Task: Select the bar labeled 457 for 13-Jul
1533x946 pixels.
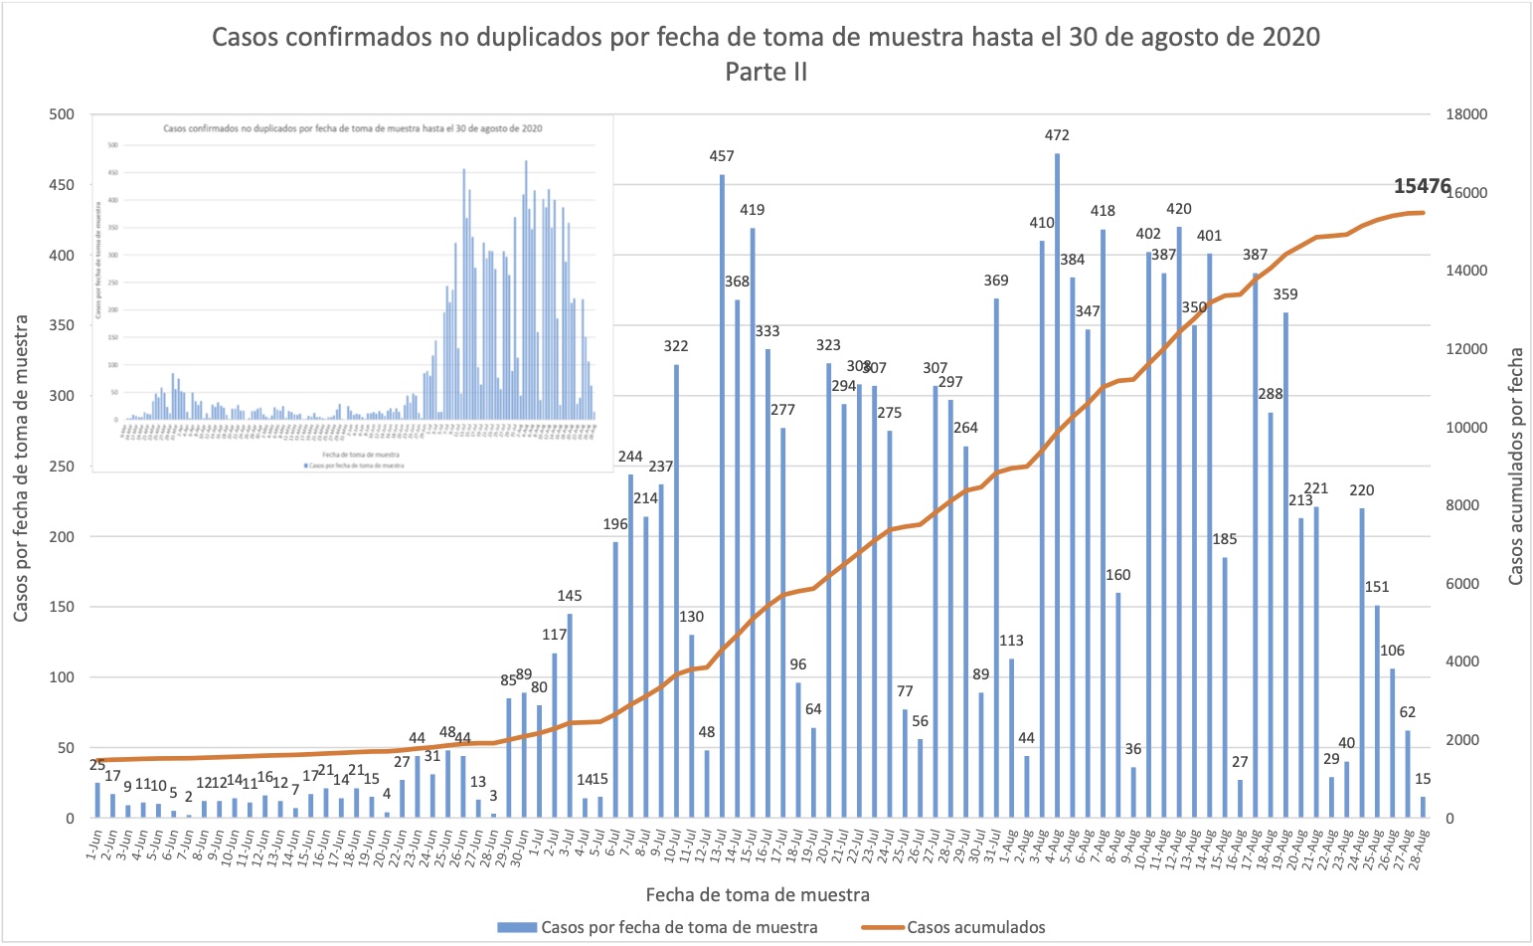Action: pyautogui.click(x=722, y=496)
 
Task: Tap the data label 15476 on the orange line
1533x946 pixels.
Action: pyautogui.click(x=1422, y=187)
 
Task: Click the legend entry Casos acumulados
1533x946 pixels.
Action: pyautogui.click(x=975, y=927)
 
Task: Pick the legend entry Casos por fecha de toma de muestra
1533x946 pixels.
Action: pyautogui.click(x=679, y=927)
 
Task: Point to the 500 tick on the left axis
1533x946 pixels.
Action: pyautogui.click(x=62, y=114)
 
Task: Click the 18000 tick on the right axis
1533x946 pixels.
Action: pyautogui.click(x=1467, y=114)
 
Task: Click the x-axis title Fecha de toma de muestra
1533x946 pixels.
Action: pyautogui.click(x=758, y=894)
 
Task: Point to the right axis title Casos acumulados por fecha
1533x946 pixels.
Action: pyautogui.click(x=1516, y=466)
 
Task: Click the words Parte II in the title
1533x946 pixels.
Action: pyautogui.click(x=766, y=72)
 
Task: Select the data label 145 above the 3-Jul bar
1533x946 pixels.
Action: pyautogui.click(x=570, y=596)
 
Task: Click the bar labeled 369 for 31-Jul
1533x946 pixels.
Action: pyautogui.click(x=996, y=558)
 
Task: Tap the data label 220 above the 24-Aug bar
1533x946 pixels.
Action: pyautogui.click(x=1362, y=490)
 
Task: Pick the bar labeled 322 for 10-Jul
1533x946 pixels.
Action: pyautogui.click(x=676, y=591)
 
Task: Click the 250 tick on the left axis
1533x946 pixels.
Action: pyautogui.click(x=62, y=467)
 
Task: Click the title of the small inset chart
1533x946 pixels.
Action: pyautogui.click(x=352, y=128)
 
